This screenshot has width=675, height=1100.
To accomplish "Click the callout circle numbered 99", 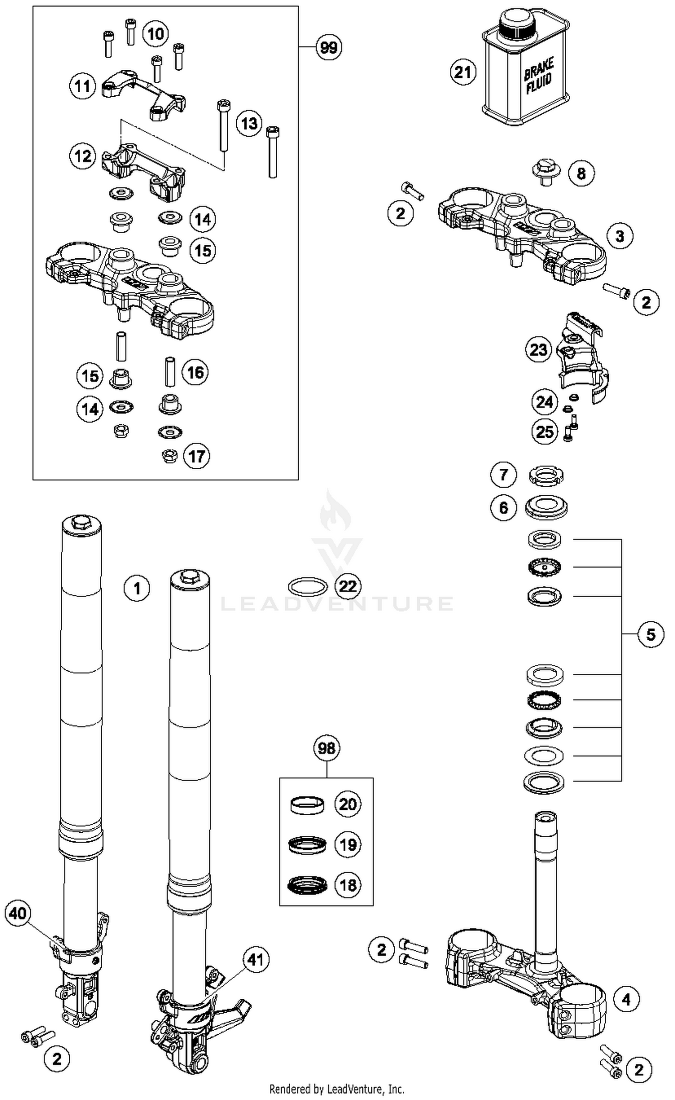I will [328, 47].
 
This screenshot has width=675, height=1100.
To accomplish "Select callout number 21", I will [463, 72].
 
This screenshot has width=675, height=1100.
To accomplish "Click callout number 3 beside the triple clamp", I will [620, 236].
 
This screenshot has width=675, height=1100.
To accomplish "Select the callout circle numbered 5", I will [651, 634].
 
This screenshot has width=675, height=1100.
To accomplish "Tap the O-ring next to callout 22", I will [307, 586].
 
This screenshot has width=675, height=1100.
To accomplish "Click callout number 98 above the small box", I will [326, 748].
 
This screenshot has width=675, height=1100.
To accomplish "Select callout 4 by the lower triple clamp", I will [626, 1000].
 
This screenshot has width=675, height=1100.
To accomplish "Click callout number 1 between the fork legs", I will [137, 588].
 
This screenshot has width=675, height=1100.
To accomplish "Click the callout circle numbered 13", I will [249, 123].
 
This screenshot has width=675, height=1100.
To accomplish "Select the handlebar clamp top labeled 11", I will [143, 92].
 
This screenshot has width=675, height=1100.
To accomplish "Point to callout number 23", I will [538, 350].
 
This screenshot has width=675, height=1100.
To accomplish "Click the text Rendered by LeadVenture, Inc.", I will [337, 1089].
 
